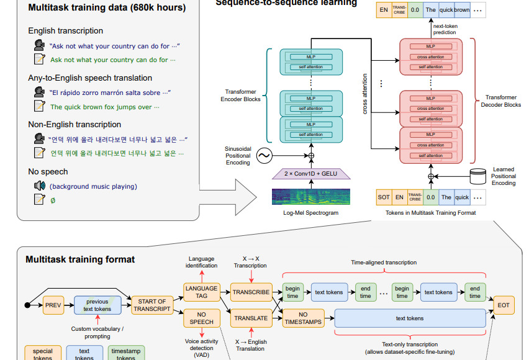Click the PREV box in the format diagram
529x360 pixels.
(53, 305)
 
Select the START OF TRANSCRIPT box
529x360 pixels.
(152, 305)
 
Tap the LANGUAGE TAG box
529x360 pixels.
(201, 292)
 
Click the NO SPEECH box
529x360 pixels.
(201, 318)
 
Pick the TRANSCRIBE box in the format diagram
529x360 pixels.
(251, 292)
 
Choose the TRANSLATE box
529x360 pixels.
(251, 318)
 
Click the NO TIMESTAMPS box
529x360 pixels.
(303, 318)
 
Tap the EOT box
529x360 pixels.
(503, 305)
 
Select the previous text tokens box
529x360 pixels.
(97, 305)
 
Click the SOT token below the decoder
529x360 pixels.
(384, 197)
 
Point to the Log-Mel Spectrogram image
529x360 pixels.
(310, 197)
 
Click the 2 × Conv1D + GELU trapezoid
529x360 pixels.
(311, 174)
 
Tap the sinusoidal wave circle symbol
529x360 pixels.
(264, 155)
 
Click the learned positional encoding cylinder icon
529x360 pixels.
(478, 176)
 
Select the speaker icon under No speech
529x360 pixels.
(40, 186)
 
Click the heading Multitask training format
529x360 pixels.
(80, 259)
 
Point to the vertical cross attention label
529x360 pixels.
(364, 94)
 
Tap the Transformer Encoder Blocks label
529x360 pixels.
(243, 96)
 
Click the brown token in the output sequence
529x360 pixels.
(461, 11)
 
